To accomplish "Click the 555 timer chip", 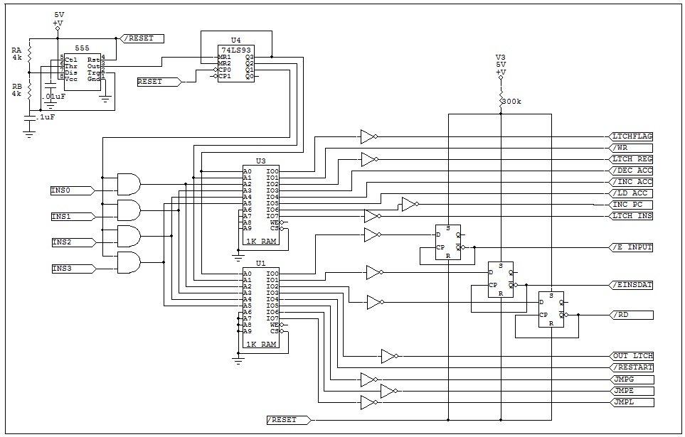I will tap(83, 68).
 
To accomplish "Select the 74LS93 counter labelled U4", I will tap(235, 63).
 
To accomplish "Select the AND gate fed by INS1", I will tap(128, 210).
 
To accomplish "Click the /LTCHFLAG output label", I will tap(632, 136).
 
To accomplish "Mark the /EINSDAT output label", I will tap(632, 285).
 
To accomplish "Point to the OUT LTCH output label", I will tap(632, 355).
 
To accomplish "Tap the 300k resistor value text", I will tap(512, 102).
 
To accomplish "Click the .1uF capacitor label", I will tap(46, 117).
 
